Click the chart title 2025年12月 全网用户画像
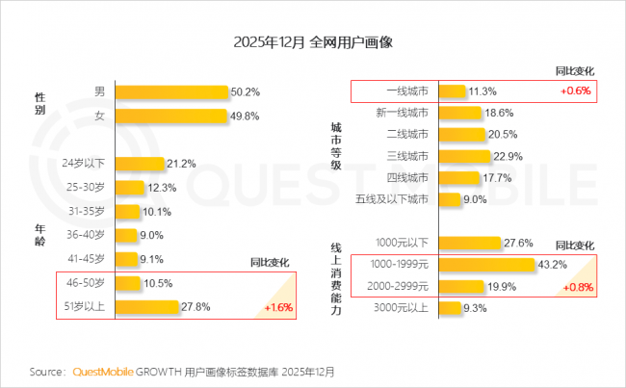(312, 43)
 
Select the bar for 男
(171, 91)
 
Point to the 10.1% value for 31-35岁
(156, 210)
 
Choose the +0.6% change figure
(575, 91)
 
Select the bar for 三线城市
(464, 156)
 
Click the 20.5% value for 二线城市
(503, 134)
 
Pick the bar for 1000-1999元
(486, 264)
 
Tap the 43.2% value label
(551, 264)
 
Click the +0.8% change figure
(575, 286)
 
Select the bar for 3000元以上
(449, 308)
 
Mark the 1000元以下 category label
(402, 243)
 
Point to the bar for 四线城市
(459, 178)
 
